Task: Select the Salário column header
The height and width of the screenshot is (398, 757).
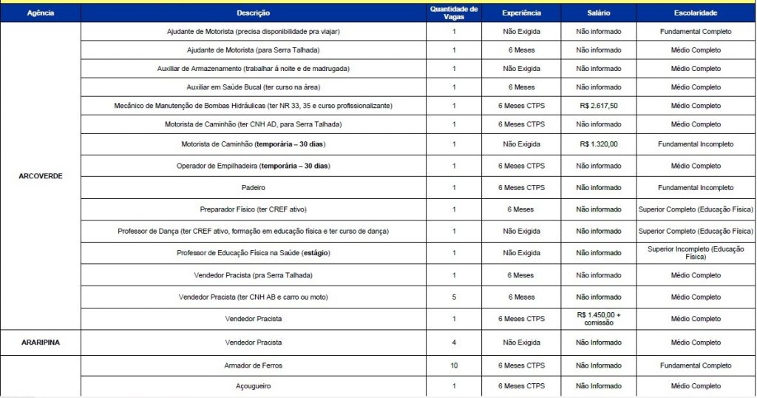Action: pyautogui.click(x=599, y=13)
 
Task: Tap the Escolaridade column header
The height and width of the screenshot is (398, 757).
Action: pyautogui.click(x=696, y=13)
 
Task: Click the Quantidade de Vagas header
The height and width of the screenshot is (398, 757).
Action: pyautogui.click(x=454, y=13)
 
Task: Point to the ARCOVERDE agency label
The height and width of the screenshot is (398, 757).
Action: pyautogui.click(x=40, y=177)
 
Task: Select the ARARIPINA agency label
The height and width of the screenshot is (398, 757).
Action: pyautogui.click(x=40, y=343)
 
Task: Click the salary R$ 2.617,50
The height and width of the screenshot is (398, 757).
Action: pyautogui.click(x=599, y=106)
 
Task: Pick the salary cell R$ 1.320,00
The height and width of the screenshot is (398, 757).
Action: pyautogui.click(x=599, y=144)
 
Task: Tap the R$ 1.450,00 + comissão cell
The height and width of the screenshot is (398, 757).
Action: pyautogui.click(x=599, y=319)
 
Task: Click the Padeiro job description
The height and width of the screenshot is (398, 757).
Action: pyautogui.click(x=254, y=188)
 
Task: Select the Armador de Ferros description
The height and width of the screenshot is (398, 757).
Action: pyautogui.click(x=254, y=365)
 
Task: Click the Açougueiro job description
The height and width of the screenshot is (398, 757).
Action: pyautogui.click(x=254, y=386)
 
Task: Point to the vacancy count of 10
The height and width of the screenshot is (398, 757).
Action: pyautogui.click(x=454, y=365)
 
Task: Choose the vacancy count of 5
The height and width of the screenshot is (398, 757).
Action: pyautogui.click(x=454, y=297)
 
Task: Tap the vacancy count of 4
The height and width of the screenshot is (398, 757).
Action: pyautogui.click(x=454, y=343)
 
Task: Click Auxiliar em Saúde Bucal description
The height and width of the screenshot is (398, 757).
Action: pyautogui.click(x=254, y=87)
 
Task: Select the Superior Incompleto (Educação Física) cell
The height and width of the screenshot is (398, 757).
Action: pyautogui.click(x=696, y=253)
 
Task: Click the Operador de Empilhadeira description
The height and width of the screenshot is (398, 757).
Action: pyautogui.click(x=254, y=166)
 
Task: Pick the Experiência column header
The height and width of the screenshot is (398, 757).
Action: pyautogui.click(x=521, y=13)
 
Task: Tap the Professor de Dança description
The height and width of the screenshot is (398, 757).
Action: pyautogui.click(x=254, y=232)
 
